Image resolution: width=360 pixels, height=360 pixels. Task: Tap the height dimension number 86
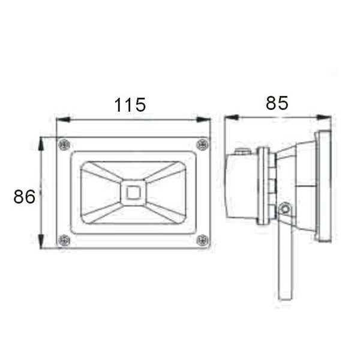click(x=25, y=196)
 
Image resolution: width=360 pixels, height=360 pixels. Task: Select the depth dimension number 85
click(x=277, y=103)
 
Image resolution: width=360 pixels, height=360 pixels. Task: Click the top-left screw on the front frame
click(x=64, y=145)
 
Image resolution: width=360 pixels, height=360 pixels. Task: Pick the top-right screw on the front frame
click(x=203, y=144)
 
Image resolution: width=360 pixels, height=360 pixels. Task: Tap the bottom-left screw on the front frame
click(x=64, y=241)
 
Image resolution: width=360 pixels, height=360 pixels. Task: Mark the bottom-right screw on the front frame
click(x=203, y=241)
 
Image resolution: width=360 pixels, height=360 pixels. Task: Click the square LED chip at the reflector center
click(x=133, y=193)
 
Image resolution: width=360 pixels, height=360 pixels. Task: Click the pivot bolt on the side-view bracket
click(x=285, y=209)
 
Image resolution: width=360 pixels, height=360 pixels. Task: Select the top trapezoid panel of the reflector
click(x=133, y=170)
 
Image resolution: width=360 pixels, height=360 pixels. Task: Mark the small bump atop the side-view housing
click(x=242, y=151)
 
